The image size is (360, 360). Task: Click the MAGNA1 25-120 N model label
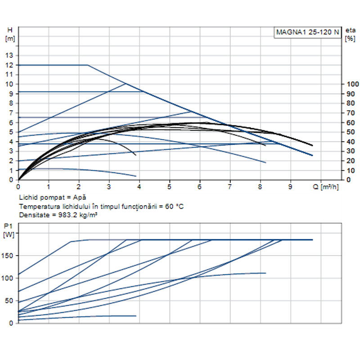coord(307,32)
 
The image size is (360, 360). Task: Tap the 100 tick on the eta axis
coord(351,84)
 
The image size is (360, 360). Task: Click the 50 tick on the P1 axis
coord(10,301)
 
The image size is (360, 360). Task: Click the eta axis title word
coord(350,30)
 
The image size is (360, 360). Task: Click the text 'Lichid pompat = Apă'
coord(52,198)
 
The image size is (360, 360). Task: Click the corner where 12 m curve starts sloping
coord(87,65)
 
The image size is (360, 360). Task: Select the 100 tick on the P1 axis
coord(9,278)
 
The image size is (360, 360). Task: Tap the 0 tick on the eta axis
coord(347,180)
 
